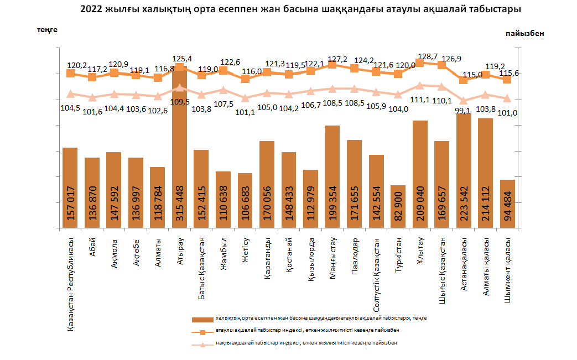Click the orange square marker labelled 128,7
coord(420,62)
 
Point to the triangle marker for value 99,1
coord(464,101)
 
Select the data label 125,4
coord(182,58)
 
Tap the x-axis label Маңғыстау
coord(333,257)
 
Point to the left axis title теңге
coord(47,29)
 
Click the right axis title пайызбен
coord(524,33)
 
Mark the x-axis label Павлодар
coord(355,255)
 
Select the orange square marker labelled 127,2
coord(332,65)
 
